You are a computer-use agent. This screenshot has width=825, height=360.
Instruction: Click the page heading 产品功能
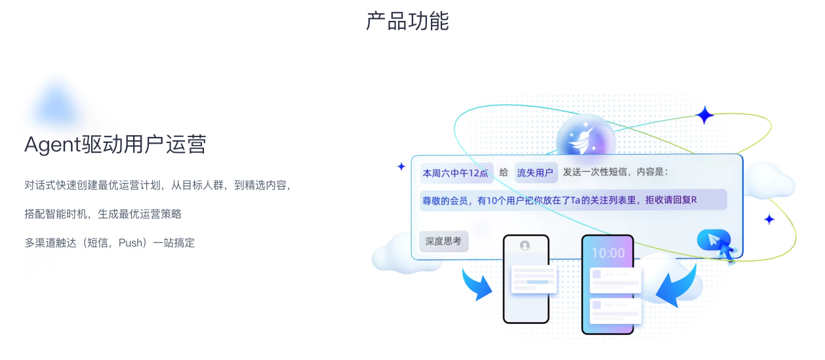point(407,21)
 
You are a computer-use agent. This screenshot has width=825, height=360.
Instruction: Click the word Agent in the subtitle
point(52,144)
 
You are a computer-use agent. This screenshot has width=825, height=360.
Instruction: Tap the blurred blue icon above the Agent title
point(57,105)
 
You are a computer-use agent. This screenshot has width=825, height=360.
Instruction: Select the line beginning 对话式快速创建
point(157,186)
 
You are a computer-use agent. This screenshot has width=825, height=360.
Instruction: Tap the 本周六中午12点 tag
point(456,173)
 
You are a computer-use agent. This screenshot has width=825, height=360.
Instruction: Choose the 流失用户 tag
point(536,173)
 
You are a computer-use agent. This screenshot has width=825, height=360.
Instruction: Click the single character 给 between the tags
point(504,173)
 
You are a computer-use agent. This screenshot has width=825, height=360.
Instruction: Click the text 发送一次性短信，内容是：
point(615,172)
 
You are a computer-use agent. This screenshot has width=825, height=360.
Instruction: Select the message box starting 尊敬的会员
point(573,200)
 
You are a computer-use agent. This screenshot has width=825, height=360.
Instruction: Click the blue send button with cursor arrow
point(714,240)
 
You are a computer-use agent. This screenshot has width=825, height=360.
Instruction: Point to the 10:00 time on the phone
point(608,252)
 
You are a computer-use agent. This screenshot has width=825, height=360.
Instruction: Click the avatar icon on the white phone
point(525,245)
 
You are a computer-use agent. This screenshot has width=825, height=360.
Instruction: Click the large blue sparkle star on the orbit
point(705,115)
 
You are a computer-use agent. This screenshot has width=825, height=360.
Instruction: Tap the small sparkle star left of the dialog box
point(401,167)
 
